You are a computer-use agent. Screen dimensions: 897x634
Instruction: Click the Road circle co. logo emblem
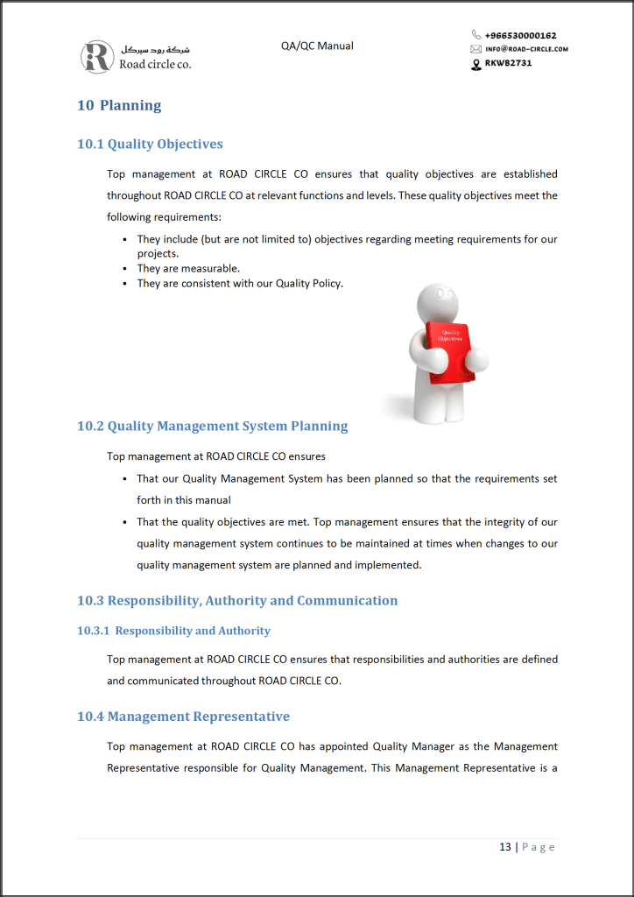pos(97,57)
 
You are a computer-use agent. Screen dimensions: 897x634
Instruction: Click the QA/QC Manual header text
pos(317,46)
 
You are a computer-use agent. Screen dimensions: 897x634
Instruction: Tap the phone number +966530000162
pos(520,36)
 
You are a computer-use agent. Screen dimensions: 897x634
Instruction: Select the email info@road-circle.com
pos(526,49)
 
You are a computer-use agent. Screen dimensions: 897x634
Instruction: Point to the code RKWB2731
pos(508,63)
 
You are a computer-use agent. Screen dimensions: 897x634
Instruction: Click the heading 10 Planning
pos(119,105)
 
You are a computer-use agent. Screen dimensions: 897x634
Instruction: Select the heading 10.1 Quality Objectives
pos(150,144)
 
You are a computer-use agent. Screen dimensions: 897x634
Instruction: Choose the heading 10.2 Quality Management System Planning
pos(212,426)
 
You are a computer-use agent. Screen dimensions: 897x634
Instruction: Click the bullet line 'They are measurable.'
pos(188,268)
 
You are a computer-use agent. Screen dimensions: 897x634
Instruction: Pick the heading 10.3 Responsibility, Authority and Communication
pos(237,600)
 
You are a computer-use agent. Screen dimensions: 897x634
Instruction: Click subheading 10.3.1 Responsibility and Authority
pos(173,631)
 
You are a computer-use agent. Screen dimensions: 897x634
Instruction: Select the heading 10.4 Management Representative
pos(183,717)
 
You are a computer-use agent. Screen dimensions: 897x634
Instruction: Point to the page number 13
pos(505,847)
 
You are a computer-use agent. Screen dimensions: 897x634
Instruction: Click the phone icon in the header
pos(476,36)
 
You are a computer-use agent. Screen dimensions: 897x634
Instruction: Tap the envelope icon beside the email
pos(476,49)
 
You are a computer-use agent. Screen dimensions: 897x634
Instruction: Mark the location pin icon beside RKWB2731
pos(476,63)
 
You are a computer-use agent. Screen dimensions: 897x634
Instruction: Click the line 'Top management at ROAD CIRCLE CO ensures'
pos(216,456)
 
